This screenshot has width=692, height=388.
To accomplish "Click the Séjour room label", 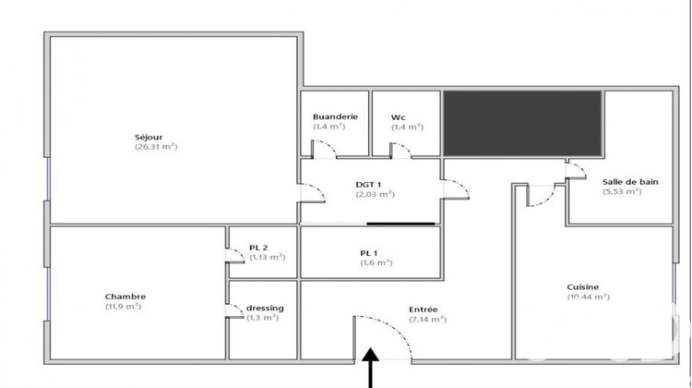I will coord(148,137).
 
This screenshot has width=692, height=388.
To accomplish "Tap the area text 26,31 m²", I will coord(156,147).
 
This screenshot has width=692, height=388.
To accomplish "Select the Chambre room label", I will coord(125,297).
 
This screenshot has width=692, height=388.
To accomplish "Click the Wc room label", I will coord(398,116).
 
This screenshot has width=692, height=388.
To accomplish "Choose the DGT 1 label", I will coord(369,184).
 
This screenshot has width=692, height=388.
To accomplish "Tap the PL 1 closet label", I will coord(370,252).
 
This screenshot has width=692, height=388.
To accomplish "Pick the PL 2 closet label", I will coord(258,247).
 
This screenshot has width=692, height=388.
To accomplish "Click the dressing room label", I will coord(265,308).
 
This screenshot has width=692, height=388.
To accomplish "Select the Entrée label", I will coord(424,309).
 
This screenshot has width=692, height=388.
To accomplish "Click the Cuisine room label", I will coord(583,286).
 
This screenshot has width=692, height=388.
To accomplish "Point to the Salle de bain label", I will coord(630,182).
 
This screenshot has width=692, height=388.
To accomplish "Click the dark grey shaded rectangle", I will coord(522,123).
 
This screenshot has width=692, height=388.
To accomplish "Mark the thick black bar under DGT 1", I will coord(400,223).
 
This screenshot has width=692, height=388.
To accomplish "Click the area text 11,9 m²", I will coord(123,307).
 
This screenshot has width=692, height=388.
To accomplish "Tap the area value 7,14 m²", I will coord(427,319).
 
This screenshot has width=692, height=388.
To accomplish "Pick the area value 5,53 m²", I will coord(622,192).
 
